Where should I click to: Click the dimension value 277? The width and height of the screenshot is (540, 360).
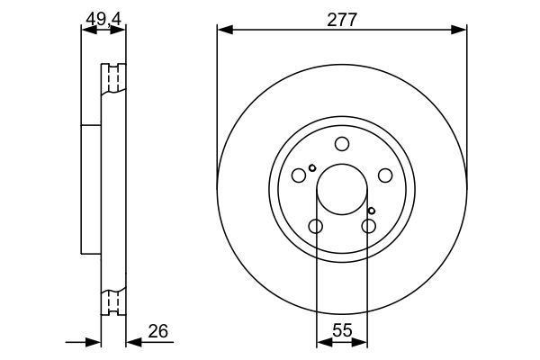[342, 20]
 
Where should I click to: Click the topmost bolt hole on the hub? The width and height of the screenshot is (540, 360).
[342, 144]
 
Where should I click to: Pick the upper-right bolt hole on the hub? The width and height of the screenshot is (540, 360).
[384, 175]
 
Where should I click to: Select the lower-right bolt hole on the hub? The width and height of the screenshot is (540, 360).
[368, 226]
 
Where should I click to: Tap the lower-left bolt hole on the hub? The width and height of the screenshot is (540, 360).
[316, 226]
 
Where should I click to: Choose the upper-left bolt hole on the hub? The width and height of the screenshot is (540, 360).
[300, 175]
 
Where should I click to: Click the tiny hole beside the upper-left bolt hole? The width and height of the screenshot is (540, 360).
[312, 167]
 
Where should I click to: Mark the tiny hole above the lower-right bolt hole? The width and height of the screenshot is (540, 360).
[371, 211]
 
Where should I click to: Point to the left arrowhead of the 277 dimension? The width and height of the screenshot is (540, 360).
[223, 31]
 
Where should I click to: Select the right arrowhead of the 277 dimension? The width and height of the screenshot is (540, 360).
[461, 31]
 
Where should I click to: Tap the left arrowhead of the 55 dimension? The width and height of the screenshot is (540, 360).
[321, 341]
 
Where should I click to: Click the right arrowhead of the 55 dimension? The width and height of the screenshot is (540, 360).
[363, 341]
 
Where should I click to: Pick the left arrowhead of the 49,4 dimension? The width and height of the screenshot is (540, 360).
[86, 31]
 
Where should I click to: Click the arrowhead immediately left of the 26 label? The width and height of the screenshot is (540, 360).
[130, 341]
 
